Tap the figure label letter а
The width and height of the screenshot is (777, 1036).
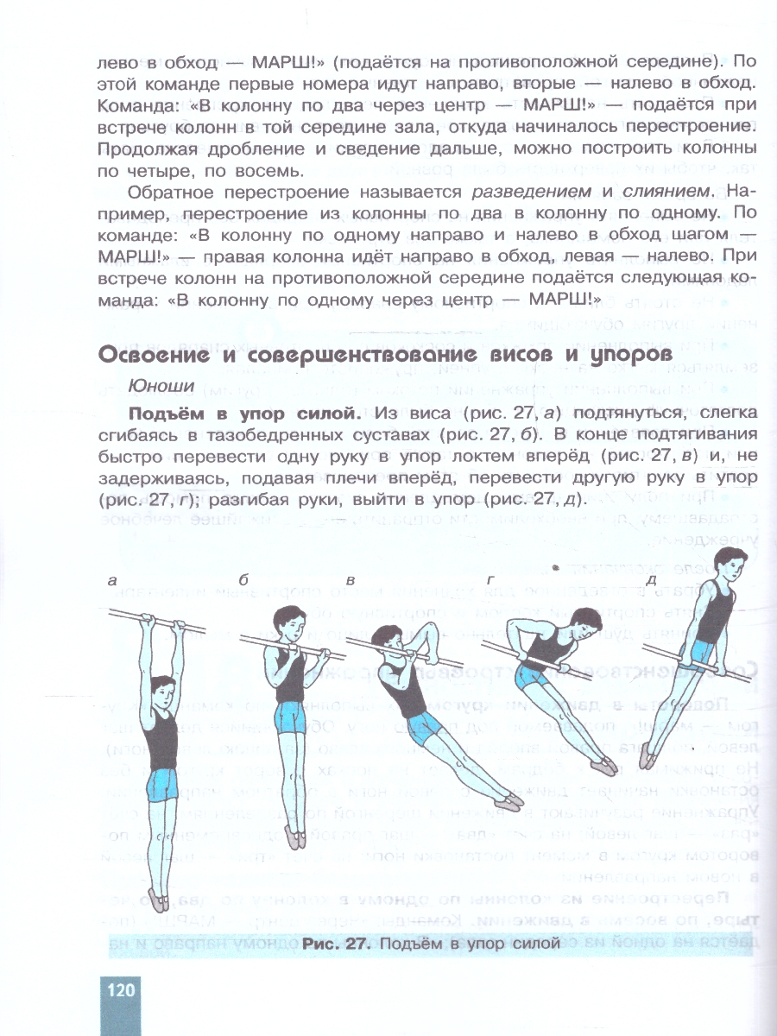coord(112,581)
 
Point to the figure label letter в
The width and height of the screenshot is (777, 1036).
coord(351,581)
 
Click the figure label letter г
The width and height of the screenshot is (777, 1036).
coord(490,580)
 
